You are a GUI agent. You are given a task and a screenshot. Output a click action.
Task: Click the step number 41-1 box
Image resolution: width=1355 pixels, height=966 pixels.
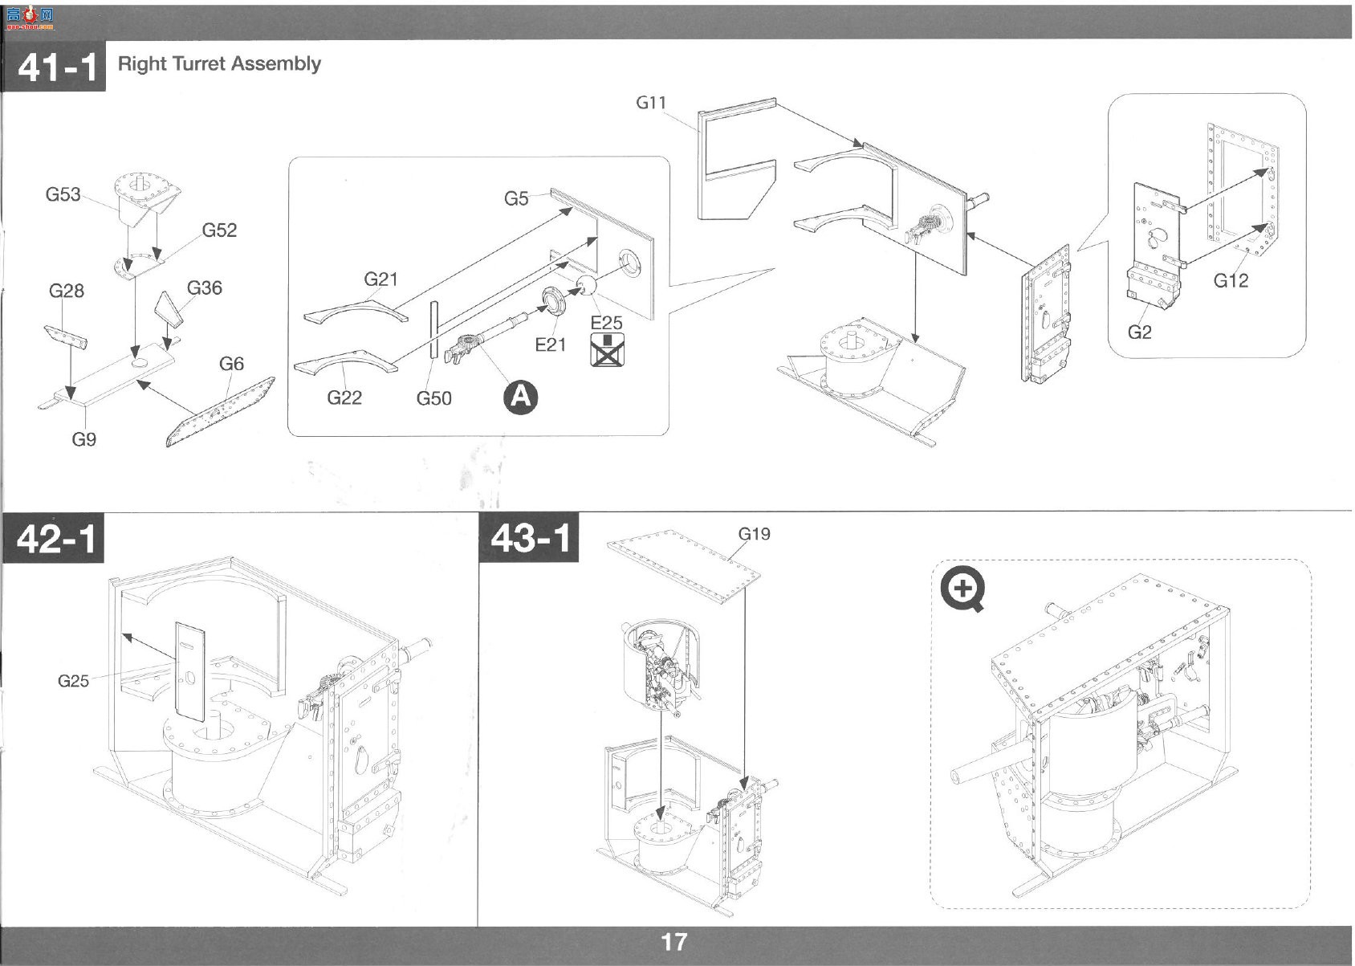point(54,66)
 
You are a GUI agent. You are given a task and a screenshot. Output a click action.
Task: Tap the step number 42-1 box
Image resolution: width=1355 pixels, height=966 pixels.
point(53,538)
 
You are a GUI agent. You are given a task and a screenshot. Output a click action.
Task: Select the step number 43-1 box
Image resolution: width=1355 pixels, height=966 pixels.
point(529,537)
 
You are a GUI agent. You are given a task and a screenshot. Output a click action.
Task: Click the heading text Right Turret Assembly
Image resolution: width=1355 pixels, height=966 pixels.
point(219,63)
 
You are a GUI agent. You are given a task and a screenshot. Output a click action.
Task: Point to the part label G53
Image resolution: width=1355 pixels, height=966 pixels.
point(63,194)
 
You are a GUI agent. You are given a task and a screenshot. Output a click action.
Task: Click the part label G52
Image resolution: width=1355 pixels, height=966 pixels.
point(219,230)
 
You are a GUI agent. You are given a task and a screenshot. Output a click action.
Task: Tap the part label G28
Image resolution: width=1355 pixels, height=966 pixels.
point(66,291)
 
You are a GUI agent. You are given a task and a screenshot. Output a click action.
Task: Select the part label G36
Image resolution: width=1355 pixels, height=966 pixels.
point(205,288)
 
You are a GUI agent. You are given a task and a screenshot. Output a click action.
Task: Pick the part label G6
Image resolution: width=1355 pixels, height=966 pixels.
point(231,364)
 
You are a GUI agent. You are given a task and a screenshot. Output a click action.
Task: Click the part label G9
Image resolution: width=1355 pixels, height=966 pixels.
point(84,439)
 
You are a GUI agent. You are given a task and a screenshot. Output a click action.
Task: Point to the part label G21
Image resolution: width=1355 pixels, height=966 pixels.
point(380,279)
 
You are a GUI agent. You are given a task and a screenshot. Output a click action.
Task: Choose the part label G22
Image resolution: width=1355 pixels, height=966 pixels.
point(344,397)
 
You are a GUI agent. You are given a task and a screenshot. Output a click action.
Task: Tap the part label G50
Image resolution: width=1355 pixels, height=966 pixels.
point(433,398)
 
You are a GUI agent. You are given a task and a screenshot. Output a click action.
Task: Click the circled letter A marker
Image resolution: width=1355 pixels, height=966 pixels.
point(521,397)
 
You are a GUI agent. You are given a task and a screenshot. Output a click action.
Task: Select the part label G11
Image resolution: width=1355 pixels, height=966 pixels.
point(651,103)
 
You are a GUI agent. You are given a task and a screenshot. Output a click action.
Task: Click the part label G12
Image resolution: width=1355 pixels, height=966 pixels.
point(1231,281)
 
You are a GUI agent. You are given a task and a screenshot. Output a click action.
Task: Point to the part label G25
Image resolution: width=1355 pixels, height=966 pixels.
point(73,681)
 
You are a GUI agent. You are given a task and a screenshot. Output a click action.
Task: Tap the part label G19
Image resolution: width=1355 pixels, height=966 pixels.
point(755,534)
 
